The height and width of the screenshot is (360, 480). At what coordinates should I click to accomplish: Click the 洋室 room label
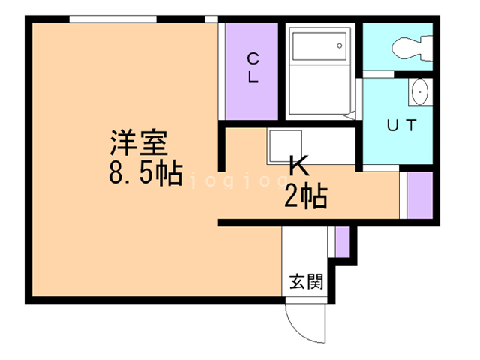tap(142, 142)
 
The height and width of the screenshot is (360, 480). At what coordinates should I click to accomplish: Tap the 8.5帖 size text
tap(145, 174)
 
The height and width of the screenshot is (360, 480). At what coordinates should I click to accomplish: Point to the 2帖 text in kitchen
tap(304, 196)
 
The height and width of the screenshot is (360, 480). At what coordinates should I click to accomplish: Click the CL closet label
tap(253, 67)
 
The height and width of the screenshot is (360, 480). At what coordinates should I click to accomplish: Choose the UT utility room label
tap(400, 126)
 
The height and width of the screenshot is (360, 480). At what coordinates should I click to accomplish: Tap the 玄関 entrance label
tap(307, 283)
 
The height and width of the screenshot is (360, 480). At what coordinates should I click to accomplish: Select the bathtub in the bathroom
tap(319, 46)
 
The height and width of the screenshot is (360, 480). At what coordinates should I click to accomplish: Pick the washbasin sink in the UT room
tap(420, 92)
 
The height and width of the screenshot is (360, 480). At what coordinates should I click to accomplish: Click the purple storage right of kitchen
tap(420, 195)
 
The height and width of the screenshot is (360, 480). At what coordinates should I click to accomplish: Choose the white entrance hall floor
tap(306, 255)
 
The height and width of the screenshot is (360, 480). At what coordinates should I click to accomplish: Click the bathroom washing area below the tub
tap(319, 94)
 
